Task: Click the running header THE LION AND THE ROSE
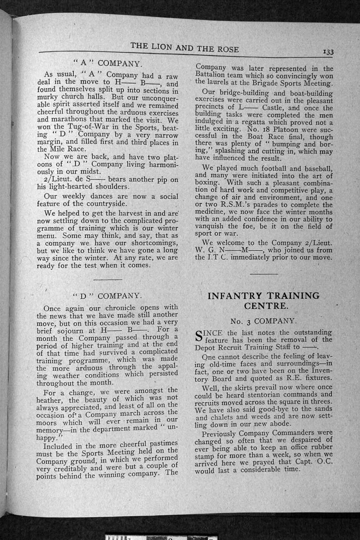(185, 47)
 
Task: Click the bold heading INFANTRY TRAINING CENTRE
(263, 301)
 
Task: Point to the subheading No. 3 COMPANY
(263, 321)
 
